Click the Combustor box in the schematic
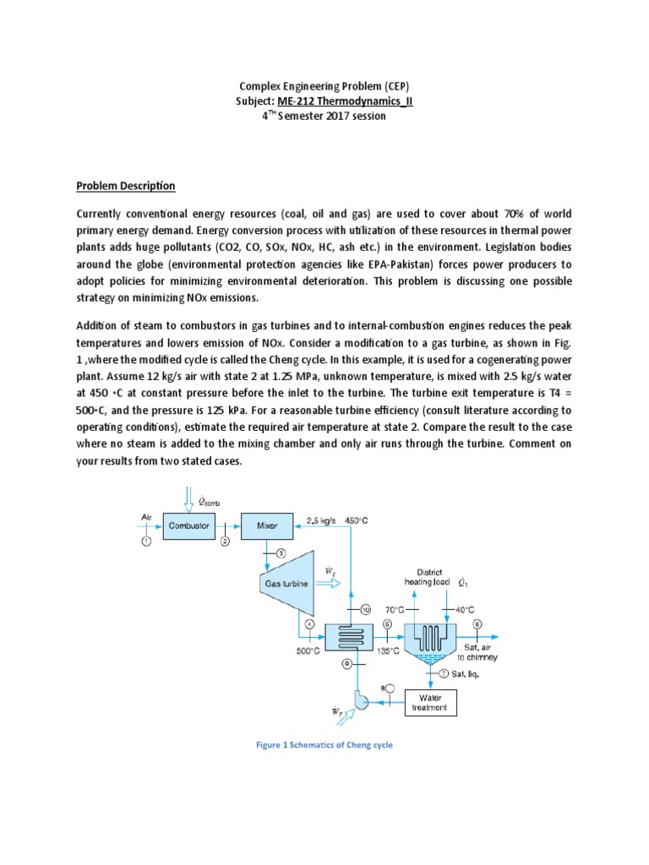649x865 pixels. click(189, 525)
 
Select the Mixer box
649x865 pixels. click(266, 525)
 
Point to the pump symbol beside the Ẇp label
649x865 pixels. click(362, 702)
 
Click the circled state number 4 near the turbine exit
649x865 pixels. click(309, 625)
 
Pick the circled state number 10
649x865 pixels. click(365, 610)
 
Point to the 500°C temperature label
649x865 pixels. click(307, 651)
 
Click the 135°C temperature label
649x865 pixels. click(388, 651)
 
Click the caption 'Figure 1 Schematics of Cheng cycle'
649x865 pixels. click(325, 745)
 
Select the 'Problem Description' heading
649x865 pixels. click(126, 186)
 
